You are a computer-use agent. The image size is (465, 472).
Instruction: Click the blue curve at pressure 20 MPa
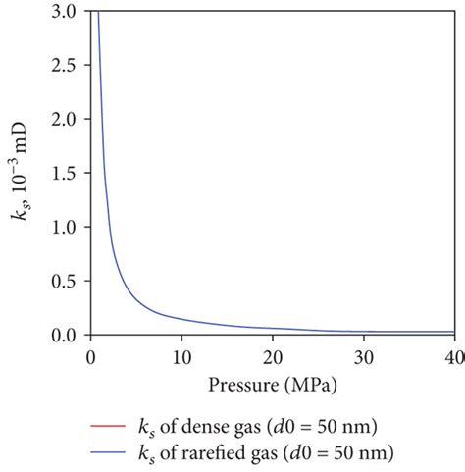[x=272, y=328]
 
